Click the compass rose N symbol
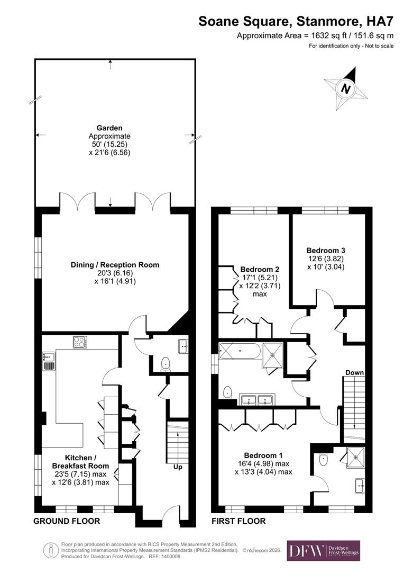point(346,88)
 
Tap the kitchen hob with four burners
point(80,342)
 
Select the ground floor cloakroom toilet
point(165,363)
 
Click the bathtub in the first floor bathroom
point(239,350)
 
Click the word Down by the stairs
point(354,372)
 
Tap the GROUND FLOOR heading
point(67,521)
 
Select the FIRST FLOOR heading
point(238,521)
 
